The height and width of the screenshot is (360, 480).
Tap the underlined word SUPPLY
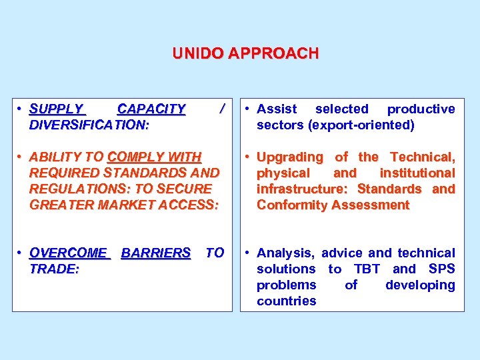(57, 109)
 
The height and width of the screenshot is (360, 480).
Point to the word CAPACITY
(151, 109)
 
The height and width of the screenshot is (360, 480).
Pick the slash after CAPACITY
(221, 109)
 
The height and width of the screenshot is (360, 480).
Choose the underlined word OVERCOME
(69, 253)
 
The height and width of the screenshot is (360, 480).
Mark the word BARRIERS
(156, 253)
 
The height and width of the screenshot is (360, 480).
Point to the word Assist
(277, 109)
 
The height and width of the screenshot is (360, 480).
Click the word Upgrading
(289, 157)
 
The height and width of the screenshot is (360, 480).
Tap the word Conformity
(290, 205)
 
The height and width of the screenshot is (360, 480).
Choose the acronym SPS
(442, 269)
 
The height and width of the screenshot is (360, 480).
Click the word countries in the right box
(287, 301)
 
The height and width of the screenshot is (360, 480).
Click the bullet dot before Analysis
(247, 253)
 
